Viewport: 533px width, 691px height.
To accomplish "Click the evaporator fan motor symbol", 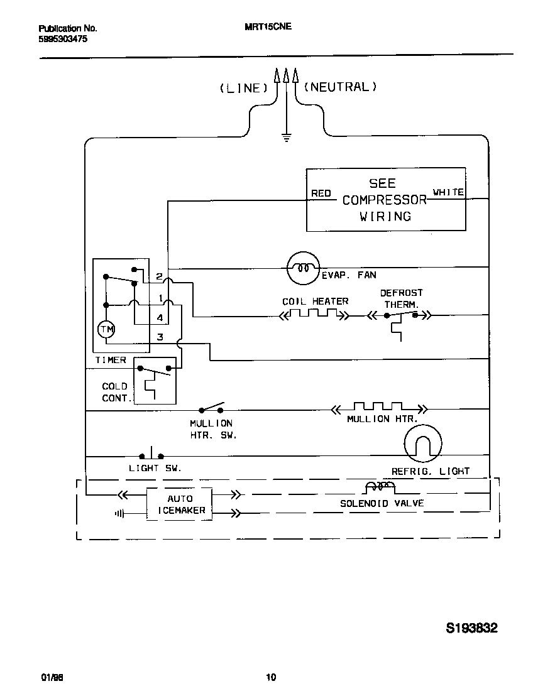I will (x=302, y=268).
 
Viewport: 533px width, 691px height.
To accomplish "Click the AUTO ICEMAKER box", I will (x=179, y=504).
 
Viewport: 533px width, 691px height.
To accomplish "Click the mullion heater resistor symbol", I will (x=377, y=408).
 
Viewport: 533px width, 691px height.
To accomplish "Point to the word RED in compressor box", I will (x=321, y=193).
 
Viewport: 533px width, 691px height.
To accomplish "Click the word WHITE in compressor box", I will (x=448, y=192).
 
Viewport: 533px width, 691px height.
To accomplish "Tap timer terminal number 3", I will (x=160, y=337).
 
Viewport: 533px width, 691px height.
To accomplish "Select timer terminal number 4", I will (x=160, y=318).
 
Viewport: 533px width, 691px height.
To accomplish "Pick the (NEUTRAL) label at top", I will (x=340, y=87).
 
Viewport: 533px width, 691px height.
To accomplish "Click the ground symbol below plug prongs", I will (x=287, y=137).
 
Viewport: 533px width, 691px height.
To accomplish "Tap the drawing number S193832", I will (x=471, y=628).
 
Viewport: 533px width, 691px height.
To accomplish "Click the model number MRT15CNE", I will (x=268, y=28).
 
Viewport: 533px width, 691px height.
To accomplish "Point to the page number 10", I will (x=271, y=677).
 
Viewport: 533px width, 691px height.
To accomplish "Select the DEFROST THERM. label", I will (x=401, y=298).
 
